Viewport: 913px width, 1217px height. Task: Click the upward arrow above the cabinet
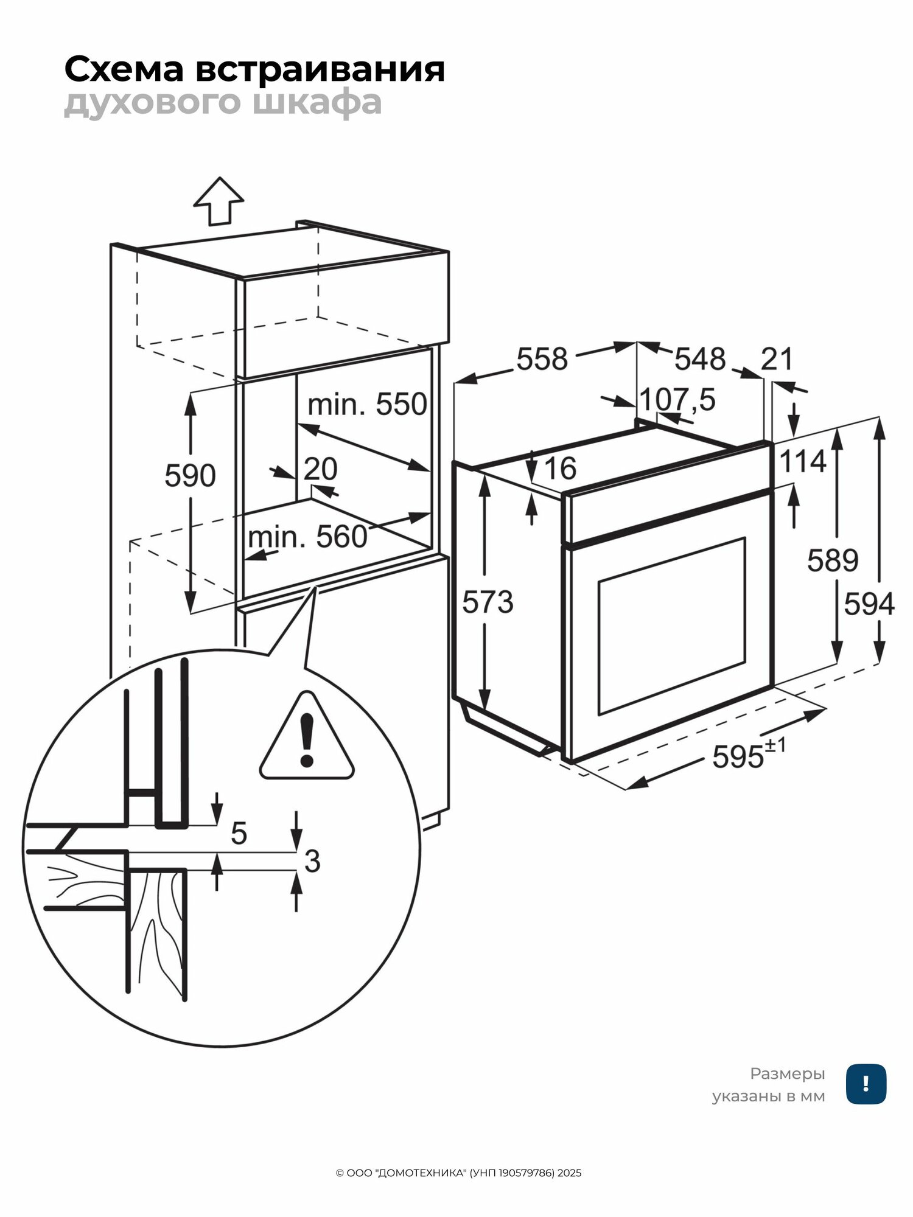(219, 201)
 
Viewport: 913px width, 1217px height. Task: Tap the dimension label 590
(190, 475)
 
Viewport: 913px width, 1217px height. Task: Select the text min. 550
(367, 404)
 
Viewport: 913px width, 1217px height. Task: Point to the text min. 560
(307, 537)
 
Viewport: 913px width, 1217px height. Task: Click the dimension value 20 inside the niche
(320, 469)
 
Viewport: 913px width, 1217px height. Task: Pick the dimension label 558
(542, 358)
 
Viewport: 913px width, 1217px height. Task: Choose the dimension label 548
(700, 358)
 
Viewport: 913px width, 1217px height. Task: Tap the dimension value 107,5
(677, 399)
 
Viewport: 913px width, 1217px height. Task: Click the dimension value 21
(777, 358)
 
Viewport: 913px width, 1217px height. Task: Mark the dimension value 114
(803, 461)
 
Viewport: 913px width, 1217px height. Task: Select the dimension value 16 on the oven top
(560, 468)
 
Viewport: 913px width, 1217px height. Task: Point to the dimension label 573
(488, 602)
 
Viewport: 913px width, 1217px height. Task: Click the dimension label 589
(833, 560)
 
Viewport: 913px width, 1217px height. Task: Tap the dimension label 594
(869, 604)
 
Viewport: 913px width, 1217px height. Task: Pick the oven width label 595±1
(749, 755)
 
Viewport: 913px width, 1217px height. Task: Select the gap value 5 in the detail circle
(239, 833)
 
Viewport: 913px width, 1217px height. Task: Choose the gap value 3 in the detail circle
(312, 861)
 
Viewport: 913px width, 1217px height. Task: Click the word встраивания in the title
(320, 69)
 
